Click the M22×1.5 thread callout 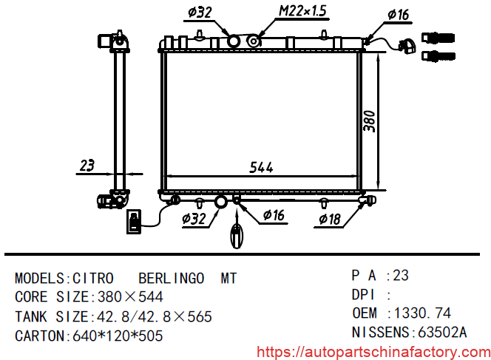click(x=302, y=12)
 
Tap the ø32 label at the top click(x=201, y=12)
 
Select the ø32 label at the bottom click(x=194, y=218)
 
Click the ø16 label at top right click(x=399, y=15)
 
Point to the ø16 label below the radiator click(x=274, y=216)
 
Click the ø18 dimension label click(x=330, y=219)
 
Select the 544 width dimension click(x=261, y=167)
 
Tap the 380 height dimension click(x=370, y=120)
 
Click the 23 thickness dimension click(x=87, y=166)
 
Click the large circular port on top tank click(x=234, y=41)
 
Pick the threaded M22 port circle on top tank click(x=254, y=41)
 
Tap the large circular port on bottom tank click(x=221, y=201)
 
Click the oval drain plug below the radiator click(x=237, y=237)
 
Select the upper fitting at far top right click(x=438, y=38)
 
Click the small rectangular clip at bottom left click(x=134, y=222)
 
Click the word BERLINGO click(x=172, y=279)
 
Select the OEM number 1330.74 click(x=423, y=313)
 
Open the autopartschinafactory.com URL click(x=373, y=351)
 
